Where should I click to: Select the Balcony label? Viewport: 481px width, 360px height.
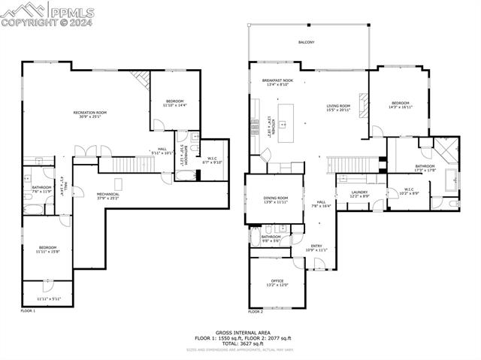(x=306, y=42)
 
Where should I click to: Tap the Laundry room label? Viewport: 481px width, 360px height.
(x=359, y=194)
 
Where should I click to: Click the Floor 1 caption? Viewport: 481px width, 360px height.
(x=28, y=310)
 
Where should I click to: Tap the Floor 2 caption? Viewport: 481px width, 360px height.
(x=256, y=310)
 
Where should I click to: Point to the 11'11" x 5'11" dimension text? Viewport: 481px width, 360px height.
(x=47, y=299)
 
